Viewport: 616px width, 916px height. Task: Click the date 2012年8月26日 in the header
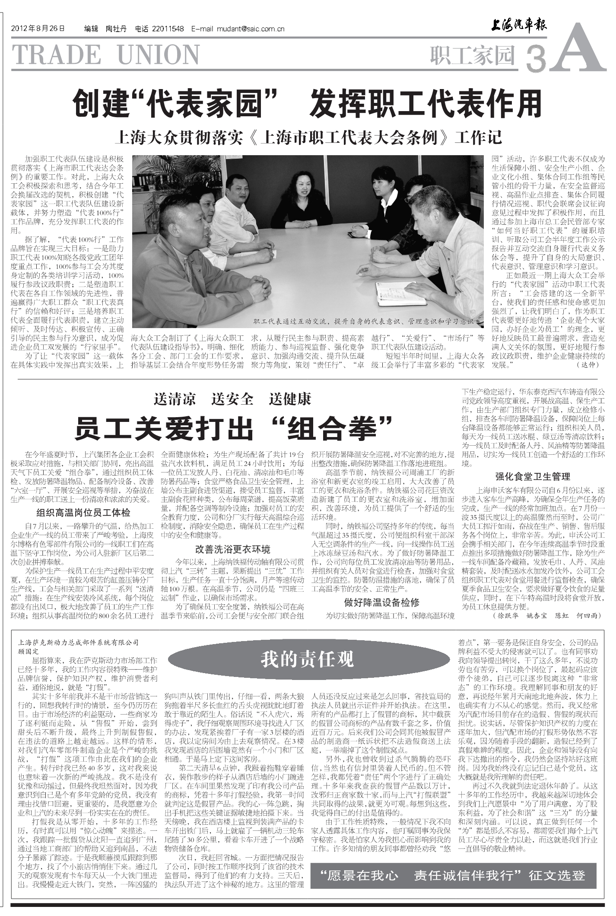pyautogui.click(x=38, y=29)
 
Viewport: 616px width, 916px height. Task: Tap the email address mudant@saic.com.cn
pyautogui.click(x=250, y=29)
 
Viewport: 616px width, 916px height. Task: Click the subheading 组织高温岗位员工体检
pyautogui.click(x=83, y=513)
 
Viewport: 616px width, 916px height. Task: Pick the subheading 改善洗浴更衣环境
pyautogui.click(x=233, y=549)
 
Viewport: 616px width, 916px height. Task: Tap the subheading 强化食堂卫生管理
pyautogui.click(x=532, y=477)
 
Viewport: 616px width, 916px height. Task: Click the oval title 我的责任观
pyautogui.click(x=307, y=659)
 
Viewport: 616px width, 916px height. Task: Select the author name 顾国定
pyautogui.click(x=29, y=651)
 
